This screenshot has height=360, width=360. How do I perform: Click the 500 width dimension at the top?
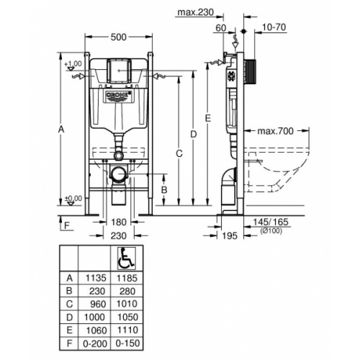120,37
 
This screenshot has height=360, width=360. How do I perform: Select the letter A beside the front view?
62,129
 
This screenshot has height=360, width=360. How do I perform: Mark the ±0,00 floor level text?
72,199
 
